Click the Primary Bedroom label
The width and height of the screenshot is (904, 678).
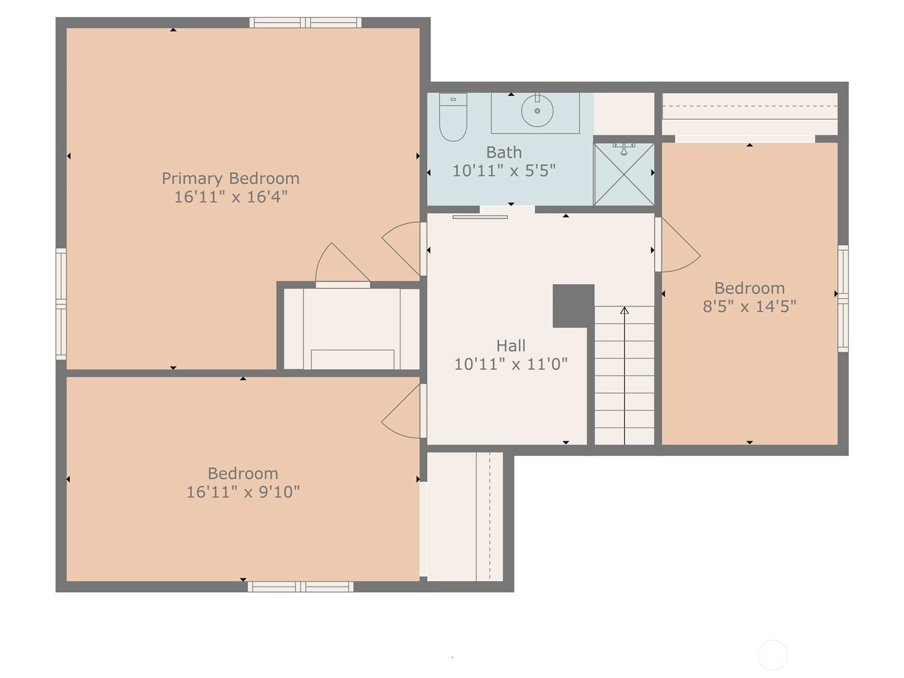[230, 179]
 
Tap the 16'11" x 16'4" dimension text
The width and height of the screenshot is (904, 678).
[231, 197]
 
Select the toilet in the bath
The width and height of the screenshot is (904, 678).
[453, 118]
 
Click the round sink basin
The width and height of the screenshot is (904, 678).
[537, 111]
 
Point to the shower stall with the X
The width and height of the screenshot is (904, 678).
[624, 174]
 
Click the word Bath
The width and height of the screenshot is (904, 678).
[503, 153]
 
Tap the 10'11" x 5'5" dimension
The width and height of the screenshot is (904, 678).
[503, 171]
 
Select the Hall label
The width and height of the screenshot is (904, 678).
[511, 346]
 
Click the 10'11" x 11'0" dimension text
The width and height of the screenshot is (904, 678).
[511, 364]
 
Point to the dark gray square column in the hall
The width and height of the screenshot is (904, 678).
[573, 306]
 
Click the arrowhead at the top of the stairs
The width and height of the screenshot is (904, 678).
[624, 310]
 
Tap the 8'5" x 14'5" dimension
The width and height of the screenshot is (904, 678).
[749, 306]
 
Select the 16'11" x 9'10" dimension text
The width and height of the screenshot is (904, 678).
[243, 492]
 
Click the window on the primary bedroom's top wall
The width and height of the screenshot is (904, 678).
[305, 22]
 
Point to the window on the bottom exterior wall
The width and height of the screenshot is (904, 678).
[300, 586]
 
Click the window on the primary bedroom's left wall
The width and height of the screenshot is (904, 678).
[61, 304]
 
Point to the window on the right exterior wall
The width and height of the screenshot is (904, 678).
[843, 298]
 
